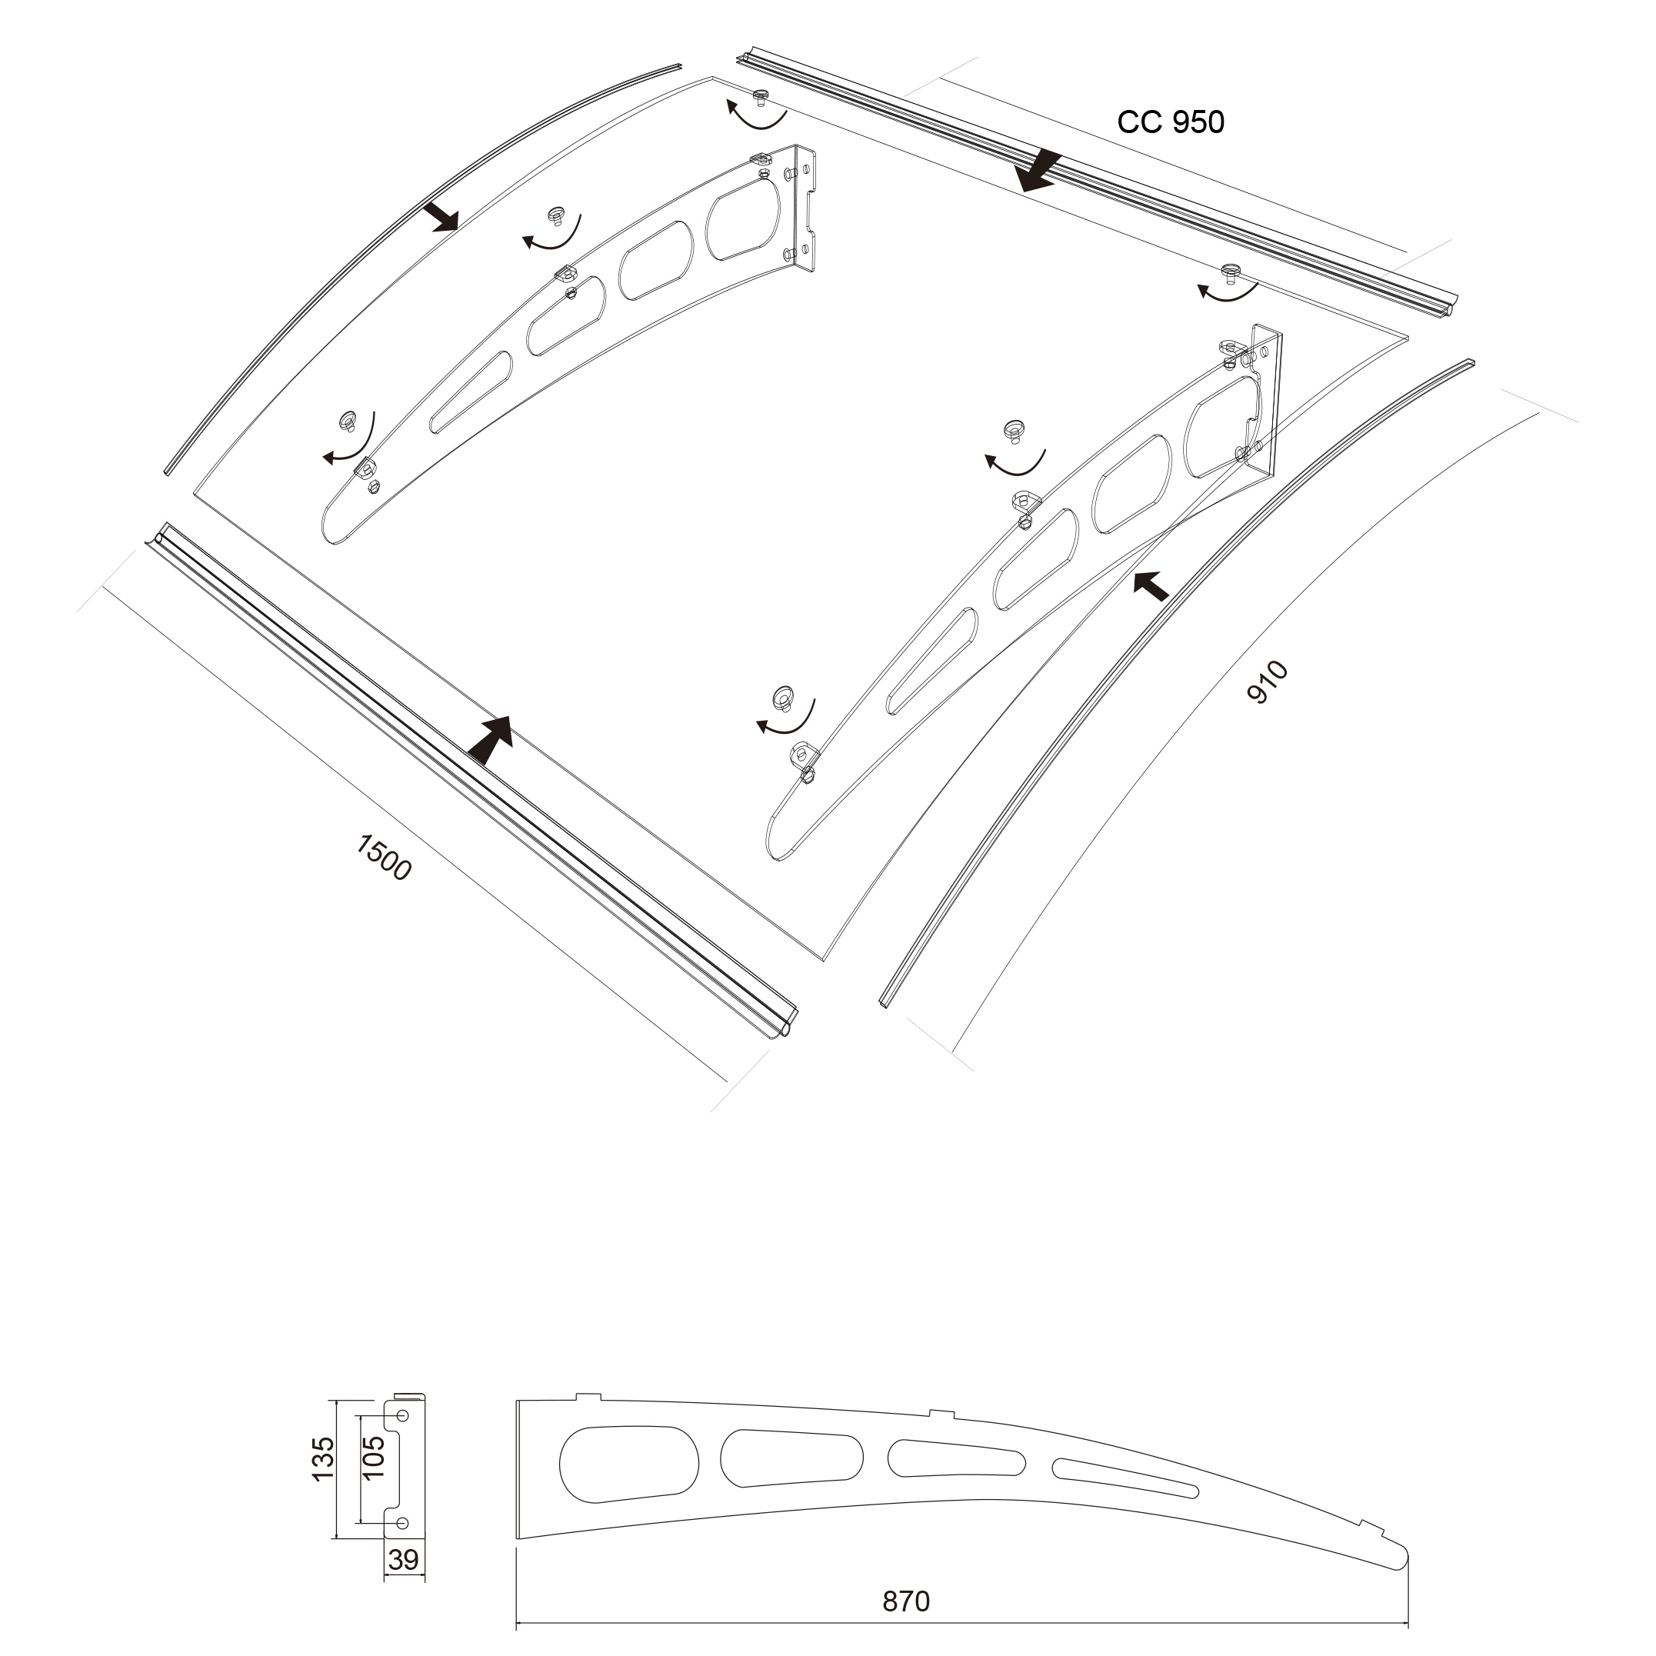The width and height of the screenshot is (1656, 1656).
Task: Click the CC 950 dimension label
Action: point(1170,122)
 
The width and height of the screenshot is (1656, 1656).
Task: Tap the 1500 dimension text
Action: point(384,857)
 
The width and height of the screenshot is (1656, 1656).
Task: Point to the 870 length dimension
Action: point(906,1601)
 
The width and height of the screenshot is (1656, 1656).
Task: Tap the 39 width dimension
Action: point(403,1559)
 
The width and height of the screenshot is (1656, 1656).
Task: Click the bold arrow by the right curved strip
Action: point(1151,585)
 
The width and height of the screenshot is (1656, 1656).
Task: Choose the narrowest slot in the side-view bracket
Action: point(1125,1478)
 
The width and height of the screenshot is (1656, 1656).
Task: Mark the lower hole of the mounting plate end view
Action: point(403,1522)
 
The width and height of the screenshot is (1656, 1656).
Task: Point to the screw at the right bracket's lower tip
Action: point(784,696)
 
